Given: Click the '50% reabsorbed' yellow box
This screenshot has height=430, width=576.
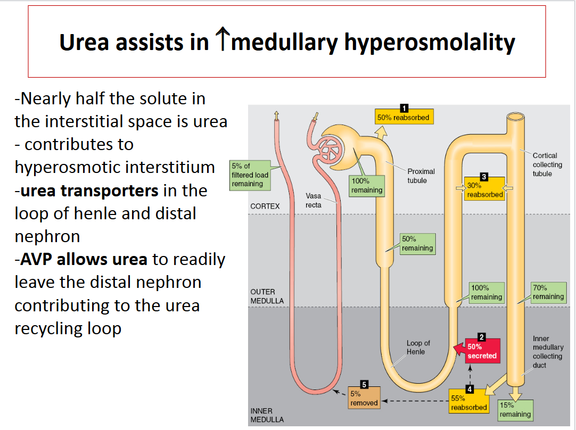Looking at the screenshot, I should pos(403,117).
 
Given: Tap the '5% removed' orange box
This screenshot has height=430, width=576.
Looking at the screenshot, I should pos(364,399).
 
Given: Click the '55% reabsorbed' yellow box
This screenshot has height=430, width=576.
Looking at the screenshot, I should pos(468,402).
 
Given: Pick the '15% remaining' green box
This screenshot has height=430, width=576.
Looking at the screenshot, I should pos(515,410).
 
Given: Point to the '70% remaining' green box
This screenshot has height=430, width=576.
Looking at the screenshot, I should pos(548,292).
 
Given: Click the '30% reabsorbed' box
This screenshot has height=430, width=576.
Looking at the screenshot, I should pos(484,190).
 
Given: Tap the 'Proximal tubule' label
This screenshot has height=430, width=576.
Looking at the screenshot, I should pos(421,176).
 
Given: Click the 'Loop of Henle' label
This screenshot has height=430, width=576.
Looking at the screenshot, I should pos(418,347).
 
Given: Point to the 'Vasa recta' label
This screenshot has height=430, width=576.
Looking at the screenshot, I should pos(314,200).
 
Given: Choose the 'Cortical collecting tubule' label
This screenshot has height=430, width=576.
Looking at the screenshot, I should pos(547,164).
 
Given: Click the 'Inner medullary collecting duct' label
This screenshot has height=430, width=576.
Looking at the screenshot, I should pos(548,352).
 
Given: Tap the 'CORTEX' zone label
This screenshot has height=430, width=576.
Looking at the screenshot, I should pos(265,206).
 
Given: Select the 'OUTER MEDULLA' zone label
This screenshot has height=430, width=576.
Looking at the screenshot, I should pos(267,296).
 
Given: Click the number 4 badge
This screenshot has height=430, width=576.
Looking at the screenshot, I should pos(469,389).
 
